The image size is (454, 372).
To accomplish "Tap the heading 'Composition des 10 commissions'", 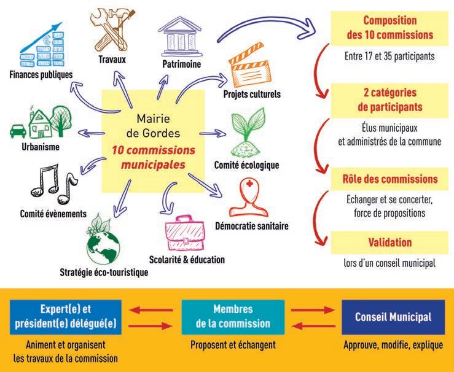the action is [x=390, y=28].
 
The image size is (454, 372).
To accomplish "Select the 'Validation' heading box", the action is [x=390, y=242].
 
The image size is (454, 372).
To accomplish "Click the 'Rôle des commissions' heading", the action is [x=390, y=179].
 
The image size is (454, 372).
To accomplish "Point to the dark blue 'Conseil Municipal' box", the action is [x=393, y=317].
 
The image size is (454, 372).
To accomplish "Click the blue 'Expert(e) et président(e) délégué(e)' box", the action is [x=66, y=317].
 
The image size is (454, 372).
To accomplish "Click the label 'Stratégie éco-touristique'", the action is [x=103, y=272].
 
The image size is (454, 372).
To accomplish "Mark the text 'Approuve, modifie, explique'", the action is [x=393, y=345].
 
